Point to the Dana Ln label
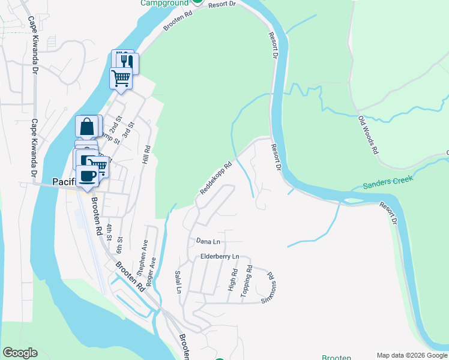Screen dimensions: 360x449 point(208,241)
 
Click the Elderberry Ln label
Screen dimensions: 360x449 point(220,257)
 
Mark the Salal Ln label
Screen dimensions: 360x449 point(178,281)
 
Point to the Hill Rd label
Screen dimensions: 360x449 point(145,155)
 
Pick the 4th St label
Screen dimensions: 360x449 point(110,232)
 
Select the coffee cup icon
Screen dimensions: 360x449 point(88,175)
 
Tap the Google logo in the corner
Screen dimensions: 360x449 point(19,353)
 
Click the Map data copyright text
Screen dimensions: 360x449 point(412,355)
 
